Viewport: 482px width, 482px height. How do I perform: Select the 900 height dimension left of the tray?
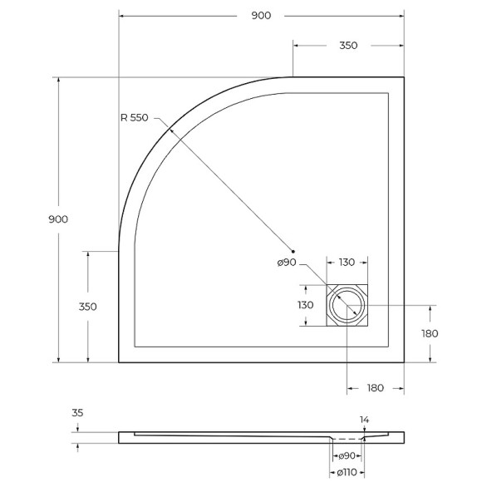point(58,219)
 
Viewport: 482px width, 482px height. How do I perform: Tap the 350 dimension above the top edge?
point(348,46)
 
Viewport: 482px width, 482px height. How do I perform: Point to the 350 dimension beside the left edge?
point(87,306)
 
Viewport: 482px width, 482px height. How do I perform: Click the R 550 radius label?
point(134,118)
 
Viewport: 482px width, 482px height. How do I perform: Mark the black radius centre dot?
point(293,251)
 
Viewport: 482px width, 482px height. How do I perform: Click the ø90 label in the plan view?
point(287,263)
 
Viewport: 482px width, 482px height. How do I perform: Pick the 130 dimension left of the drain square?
point(305,305)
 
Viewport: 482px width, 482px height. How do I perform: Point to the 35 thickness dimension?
point(78,412)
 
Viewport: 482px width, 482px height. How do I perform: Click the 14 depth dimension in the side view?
point(364,420)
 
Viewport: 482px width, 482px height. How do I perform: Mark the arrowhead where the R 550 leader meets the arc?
point(166,130)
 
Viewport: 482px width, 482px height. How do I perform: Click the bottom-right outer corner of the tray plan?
point(404,362)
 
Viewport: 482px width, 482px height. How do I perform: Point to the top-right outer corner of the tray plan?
point(404,77)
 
